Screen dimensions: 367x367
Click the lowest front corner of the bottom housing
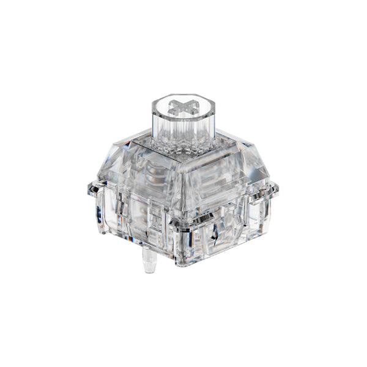(x=183, y=263)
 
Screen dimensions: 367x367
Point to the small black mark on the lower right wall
(x=215, y=232)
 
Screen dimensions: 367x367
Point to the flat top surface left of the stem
(x=138, y=147)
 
